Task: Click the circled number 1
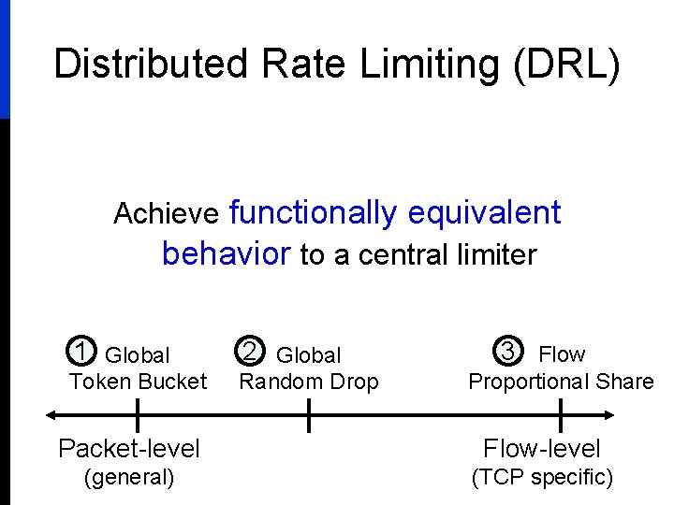81,353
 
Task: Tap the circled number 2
249,353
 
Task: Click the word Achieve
166,214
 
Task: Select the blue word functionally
313,213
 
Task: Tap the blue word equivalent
484,213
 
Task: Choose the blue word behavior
226,253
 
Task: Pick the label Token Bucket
138,382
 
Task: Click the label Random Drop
309,382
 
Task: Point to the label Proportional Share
561,382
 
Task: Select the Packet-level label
129,449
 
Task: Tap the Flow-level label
542,449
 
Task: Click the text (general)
129,478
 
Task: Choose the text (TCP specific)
542,478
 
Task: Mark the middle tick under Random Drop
309,415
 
